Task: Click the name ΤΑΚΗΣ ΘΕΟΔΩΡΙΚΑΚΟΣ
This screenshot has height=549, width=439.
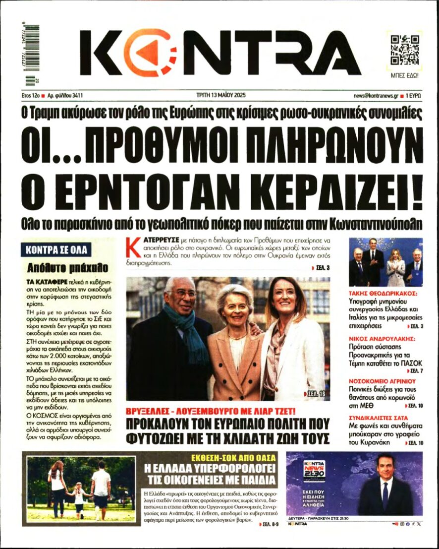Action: pos(383,293)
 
